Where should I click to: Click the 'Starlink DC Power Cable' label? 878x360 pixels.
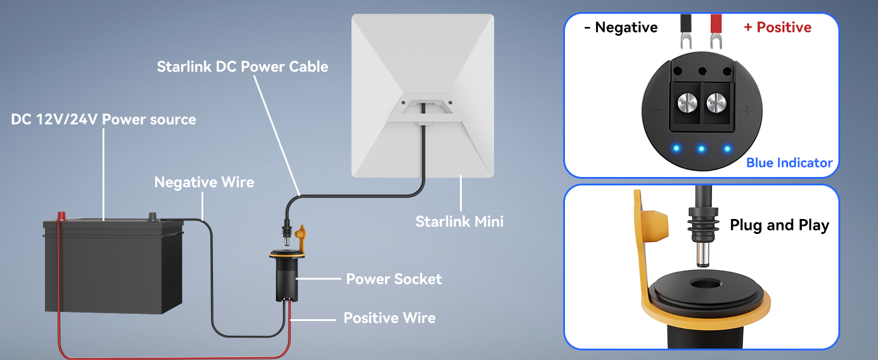(242, 66)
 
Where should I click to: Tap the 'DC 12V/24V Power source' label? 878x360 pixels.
(103, 119)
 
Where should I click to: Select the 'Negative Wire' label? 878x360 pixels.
(204, 182)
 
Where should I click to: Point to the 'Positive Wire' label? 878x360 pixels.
(389, 317)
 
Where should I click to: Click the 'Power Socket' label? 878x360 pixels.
(393, 279)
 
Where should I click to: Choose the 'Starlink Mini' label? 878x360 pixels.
(459, 221)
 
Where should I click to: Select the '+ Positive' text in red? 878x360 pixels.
(777, 28)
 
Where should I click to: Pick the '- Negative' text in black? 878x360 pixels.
(621, 28)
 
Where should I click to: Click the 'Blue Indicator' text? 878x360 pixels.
(789, 163)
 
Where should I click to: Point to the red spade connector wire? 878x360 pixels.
(715, 30)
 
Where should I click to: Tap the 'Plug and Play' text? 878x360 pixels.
(779, 226)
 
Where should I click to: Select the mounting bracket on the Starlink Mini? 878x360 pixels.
(423, 107)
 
